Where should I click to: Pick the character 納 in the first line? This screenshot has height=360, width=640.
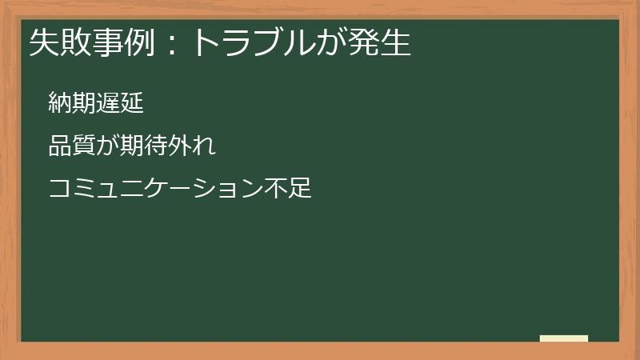[60, 102]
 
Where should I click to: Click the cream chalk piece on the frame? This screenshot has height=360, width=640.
[563, 338]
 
